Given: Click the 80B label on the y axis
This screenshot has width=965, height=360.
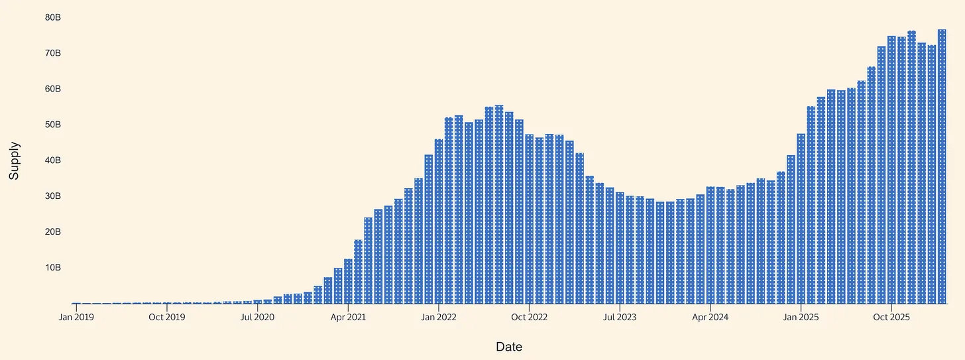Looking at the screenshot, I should (x=53, y=17).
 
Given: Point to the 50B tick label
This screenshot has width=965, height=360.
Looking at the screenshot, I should (x=53, y=125).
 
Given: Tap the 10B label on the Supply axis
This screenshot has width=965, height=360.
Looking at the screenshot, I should (x=53, y=268).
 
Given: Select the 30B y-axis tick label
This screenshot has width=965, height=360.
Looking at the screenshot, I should (x=53, y=196).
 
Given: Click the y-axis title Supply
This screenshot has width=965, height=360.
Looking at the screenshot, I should (x=14, y=160).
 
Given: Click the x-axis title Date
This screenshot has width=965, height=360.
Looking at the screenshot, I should (x=508, y=347).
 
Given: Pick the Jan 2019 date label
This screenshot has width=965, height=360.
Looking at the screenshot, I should (x=76, y=318).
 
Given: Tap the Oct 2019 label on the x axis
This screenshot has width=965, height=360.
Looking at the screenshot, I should (x=167, y=318).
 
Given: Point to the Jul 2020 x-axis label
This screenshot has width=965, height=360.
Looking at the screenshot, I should (x=258, y=318).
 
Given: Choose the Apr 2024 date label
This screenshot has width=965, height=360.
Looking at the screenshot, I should (x=710, y=318).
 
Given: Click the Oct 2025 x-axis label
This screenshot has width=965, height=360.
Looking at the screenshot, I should (x=891, y=318).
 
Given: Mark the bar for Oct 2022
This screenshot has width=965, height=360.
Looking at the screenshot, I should (x=529, y=219).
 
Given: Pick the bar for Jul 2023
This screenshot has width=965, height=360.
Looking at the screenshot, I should (x=620, y=248).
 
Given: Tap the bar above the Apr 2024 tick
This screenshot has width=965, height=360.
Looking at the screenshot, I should (x=710, y=245).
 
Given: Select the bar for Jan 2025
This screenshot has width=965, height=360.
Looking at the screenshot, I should (x=801, y=219).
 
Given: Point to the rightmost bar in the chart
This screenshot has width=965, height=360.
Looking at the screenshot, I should (x=942, y=166).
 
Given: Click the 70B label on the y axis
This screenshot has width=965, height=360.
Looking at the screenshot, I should (x=53, y=53).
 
